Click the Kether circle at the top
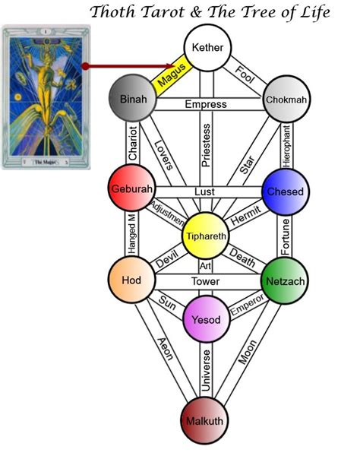point(207,47)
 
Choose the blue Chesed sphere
point(284,192)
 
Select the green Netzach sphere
point(284,280)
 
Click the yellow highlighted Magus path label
point(172,74)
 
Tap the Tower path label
point(206,281)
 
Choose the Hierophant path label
point(286,144)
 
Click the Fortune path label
point(286,236)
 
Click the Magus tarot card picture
point(46,96)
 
